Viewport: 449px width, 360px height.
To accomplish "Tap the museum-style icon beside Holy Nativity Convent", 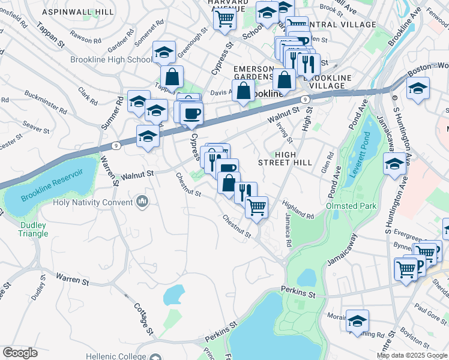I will click(x=142, y=201).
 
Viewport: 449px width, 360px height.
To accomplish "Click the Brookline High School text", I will click(x=111, y=59).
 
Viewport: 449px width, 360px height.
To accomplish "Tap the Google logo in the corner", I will click(x=20, y=353).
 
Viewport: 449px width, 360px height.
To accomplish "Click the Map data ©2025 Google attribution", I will click(x=412, y=355).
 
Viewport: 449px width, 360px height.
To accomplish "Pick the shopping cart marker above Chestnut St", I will click(x=256, y=208).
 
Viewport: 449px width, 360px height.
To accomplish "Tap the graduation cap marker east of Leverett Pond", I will click(x=395, y=163).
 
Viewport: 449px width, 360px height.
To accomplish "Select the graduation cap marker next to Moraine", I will click(x=357, y=321).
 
